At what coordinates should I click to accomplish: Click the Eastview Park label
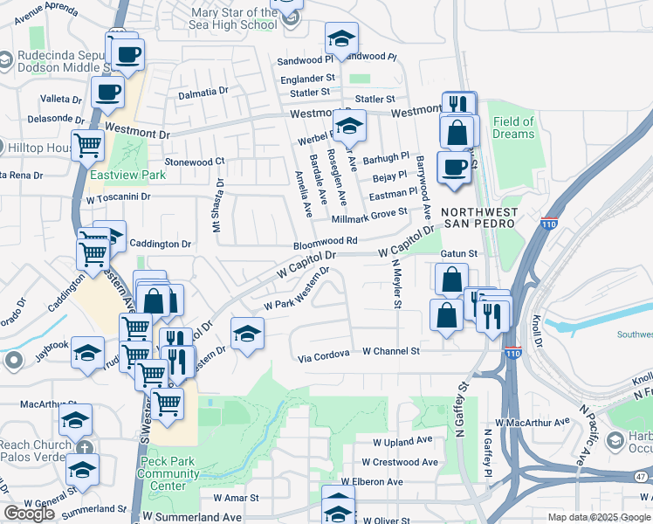(x=127, y=175)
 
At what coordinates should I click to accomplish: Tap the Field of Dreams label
(x=513, y=128)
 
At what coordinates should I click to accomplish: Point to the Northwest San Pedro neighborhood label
(x=479, y=218)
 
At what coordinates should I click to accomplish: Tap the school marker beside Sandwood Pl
(x=341, y=39)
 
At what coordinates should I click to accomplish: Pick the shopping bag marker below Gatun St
(x=451, y=280)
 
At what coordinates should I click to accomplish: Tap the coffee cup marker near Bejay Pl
(x=453, y=167)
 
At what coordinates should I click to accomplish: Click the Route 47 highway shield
(x=643, y=476)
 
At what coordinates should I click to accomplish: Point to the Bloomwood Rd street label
(x=326, y=240)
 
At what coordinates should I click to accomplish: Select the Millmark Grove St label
(x=369, y=212)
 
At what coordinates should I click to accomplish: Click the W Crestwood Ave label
(x=400, y=462)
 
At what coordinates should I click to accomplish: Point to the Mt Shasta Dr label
(x=217, y=205)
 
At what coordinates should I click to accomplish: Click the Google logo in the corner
(x=29, y=513)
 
